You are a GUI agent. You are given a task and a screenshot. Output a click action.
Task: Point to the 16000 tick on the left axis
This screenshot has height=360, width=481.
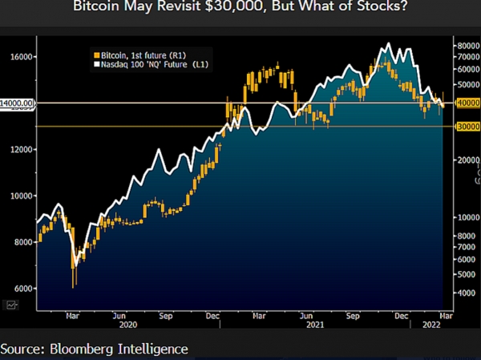(x=19, y=57)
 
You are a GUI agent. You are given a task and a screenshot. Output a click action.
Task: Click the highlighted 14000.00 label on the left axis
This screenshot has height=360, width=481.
(x=18, y=103)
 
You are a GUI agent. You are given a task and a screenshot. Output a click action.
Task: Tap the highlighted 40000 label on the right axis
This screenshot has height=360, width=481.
(x=467, y=103)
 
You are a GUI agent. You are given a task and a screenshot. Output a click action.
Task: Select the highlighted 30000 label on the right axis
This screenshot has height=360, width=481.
(x=467, y=127)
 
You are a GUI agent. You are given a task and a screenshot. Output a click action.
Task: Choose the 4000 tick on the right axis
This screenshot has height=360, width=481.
(x=467, y=293)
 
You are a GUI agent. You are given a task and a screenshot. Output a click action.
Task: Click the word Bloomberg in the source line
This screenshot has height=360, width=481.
(x=89, y=349)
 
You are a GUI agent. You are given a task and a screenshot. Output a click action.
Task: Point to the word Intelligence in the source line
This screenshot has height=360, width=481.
(x=160, y=349)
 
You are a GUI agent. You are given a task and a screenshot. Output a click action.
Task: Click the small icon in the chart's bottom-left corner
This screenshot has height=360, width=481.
(x=11, y=305)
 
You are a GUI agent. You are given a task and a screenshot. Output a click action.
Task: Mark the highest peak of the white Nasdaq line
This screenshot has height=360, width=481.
(x=389, y=43)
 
